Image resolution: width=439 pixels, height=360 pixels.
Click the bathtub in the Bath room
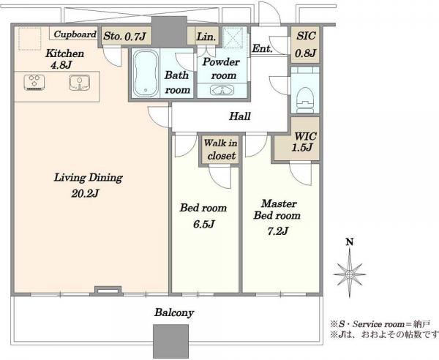[x=145, y=73]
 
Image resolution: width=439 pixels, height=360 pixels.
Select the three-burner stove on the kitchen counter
[x=35, y=82]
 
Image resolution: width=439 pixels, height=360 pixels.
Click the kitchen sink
[x=80, y=83]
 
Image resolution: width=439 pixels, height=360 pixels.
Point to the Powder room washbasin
[x=222, y=90]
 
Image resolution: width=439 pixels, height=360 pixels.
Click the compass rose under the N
[x=350, y=274]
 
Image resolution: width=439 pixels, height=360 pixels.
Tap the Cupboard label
[x=75, y=34]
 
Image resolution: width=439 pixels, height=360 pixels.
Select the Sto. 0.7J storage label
[x=124, y=36]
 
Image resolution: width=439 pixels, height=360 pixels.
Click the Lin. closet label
[x=206, y=37]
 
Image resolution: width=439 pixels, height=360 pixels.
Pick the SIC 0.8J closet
[x=306, y=44]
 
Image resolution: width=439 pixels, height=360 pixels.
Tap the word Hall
[x=240, y=116]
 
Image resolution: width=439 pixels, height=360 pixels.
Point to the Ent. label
[x=262, y=48]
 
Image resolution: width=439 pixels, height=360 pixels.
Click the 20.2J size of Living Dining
[x=85, y=193]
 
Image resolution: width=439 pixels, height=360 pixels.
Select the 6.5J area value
[x=204, y=224]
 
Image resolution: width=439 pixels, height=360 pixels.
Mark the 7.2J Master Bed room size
[x=277, y=231]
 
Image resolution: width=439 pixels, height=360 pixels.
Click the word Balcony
[x=174, y=312]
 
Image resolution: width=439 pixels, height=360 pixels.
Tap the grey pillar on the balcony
[x=170, y=342]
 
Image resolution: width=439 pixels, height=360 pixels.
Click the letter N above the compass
[x=350, y=241]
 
